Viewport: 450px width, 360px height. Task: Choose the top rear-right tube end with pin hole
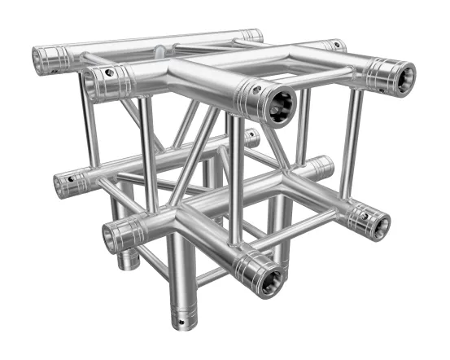tap(334, 46)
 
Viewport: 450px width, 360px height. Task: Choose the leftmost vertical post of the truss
tap(85, 122)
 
